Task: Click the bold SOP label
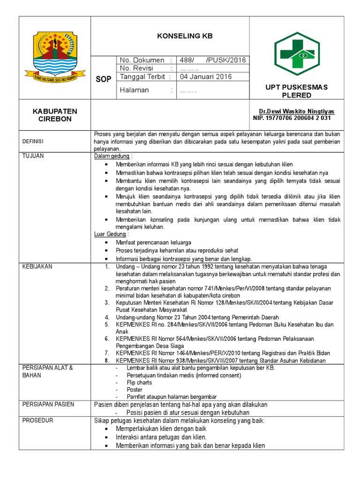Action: [x=103, y=79]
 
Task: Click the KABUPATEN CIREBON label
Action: [x=55, y=115]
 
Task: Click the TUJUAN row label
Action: [x=33, y=156]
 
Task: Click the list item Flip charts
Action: [x=139, y=382]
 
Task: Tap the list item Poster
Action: [x=135, y=390]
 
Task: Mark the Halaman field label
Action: [x=135, y=90]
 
